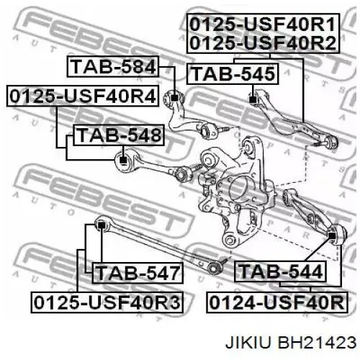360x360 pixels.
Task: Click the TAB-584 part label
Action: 112,66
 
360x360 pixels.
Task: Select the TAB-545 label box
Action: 233,73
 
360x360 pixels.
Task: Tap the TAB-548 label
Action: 119,135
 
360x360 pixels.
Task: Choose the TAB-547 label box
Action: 138,273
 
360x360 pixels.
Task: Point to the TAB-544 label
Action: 280,271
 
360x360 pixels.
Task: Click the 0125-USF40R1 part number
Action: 263,24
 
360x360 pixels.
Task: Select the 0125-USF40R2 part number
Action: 263,43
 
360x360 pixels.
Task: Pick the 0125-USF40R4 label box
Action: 83,96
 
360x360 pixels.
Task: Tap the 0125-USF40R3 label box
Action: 107,302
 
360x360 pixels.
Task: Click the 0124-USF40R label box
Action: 277,302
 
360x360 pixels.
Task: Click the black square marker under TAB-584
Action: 175,98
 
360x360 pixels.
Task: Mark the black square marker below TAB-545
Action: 253,99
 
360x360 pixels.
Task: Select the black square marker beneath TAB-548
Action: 123,160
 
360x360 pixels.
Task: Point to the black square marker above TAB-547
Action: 101,225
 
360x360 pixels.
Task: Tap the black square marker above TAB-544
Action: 331,236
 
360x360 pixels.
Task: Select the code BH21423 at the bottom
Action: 317,342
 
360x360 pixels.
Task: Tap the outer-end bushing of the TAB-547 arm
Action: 214,267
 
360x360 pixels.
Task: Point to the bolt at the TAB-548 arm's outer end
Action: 197,167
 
